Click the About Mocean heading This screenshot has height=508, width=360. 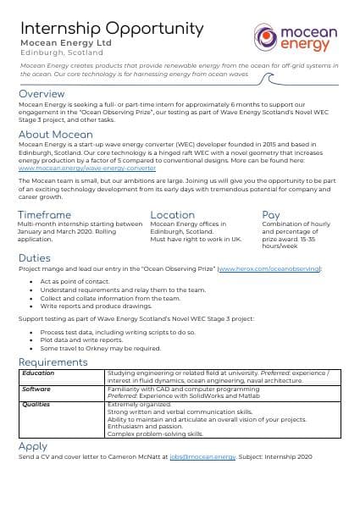pos(55,135)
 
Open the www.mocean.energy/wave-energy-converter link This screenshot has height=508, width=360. pos(86,168)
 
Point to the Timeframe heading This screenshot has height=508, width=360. pos(45,215)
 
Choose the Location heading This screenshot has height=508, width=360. pos(172,215)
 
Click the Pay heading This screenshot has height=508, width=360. pos(271,215)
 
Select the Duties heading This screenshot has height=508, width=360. pos(35,257)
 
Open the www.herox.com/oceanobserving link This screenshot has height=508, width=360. pos(269,268)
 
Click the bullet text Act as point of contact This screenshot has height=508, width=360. pos(75,280)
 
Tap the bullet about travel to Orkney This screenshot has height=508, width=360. pos(100,348)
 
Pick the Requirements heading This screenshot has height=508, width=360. pos(53,362)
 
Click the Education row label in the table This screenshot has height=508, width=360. pos(39,373)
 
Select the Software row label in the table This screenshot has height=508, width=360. pos(36,389)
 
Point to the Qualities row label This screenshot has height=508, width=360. pos(36,405)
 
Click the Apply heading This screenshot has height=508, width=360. pos(33,446)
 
